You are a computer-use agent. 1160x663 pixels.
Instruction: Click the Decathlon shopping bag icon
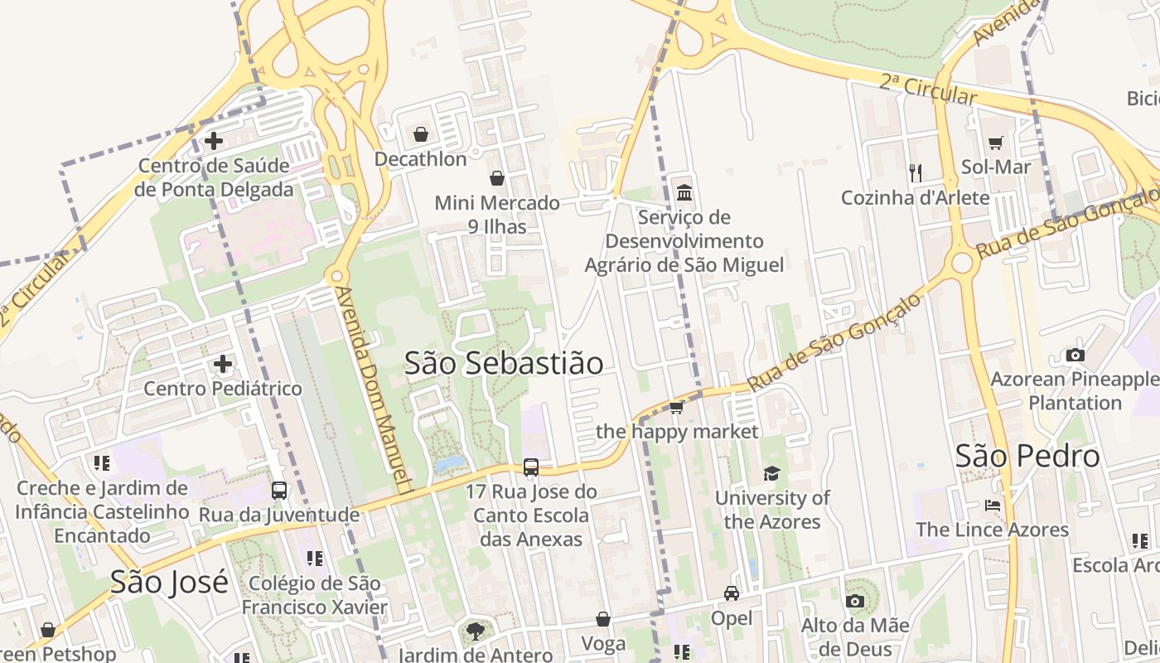[x=421, y=134]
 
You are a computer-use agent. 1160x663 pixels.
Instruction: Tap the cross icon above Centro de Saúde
[x=214, y=141]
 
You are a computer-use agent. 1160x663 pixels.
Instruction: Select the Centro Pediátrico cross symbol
[x=223, y=364]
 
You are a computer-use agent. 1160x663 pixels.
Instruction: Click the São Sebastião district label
[x=504, y=363]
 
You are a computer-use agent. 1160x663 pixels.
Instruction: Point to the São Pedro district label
[x=1027, y=456]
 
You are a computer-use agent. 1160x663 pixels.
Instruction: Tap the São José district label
[x=169, y=583]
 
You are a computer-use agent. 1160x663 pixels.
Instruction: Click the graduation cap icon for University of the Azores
[x=771, y=474]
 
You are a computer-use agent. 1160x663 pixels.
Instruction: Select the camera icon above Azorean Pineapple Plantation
[x=1075, y=356]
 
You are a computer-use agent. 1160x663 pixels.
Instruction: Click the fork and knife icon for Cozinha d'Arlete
[x=916, y=172]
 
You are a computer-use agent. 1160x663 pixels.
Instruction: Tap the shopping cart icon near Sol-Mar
[x=995, y=143]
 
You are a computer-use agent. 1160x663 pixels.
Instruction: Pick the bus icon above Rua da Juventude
[x=279, y=490]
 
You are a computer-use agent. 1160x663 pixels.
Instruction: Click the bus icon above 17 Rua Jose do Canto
[x=531, y=467]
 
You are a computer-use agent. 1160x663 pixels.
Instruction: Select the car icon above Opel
[x=732, y=593]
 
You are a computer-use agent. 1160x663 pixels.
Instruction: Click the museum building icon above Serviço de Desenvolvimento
[x=684, y=193]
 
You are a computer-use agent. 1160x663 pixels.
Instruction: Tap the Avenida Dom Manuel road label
[x=379, y=390]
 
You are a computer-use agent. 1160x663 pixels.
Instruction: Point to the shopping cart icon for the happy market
[x=676, y=407]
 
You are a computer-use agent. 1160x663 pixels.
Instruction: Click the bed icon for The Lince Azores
[x=993, y=506]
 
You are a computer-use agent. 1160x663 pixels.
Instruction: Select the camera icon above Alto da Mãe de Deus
[x=854, y=601]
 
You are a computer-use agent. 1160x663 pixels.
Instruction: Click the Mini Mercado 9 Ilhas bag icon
[x=497, y=178]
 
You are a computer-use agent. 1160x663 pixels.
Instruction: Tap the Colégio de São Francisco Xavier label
[x=314, y=595]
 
